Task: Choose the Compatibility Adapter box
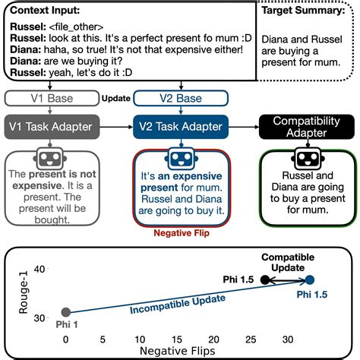pos(307,126)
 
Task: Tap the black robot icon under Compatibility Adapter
pos(307,160)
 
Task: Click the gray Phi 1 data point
pos(66,312)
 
